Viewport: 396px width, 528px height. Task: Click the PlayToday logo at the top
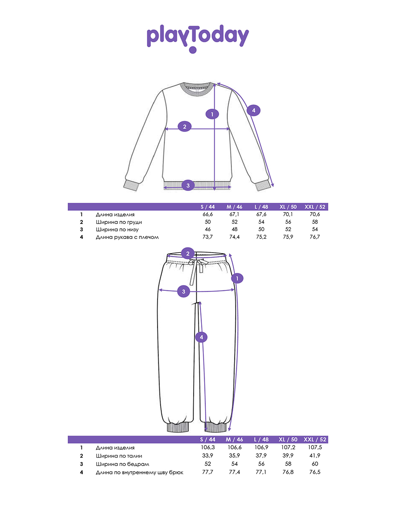click(x=198, y=37)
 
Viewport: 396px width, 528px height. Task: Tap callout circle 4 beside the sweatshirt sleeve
click(x=253, y=110)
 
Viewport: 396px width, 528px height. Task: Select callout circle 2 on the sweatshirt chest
click(x=185, y=127)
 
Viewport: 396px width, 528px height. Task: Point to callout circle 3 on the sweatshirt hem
click(x=188, y=185)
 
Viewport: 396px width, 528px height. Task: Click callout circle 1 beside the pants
click(x=238, y=278)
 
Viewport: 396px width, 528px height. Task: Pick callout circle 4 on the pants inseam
click(x=201, y=337)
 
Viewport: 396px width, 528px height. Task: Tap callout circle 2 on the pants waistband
click(x=188, y=253)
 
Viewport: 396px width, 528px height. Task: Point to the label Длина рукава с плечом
click(x=127, y=237)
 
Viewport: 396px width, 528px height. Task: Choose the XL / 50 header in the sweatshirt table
click(x=288, y=206)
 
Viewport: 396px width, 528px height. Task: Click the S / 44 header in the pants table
click(x=207, y=440)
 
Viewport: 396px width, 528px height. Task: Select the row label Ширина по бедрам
click(x=122, y=464)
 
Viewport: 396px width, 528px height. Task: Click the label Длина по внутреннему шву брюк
click(x=139, y=473)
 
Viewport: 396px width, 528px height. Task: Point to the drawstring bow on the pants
click(x=195, y=263)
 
